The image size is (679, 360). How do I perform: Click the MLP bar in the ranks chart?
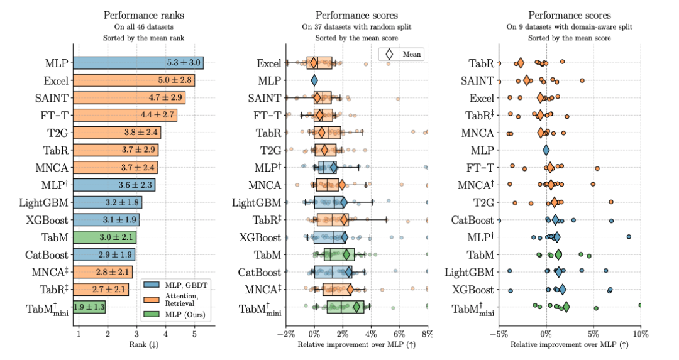tap(138, 63)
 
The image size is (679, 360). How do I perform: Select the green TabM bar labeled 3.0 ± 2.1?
tap(105, 237)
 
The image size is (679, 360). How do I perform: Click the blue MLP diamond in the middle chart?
tap(314, 80)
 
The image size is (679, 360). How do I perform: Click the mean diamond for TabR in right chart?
tap(520, 63)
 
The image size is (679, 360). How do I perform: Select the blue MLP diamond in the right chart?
tap(546, 150)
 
